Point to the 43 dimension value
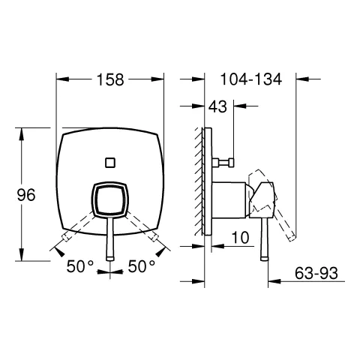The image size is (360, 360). click(x=218, y=108)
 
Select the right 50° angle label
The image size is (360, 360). click(x=141, y=265)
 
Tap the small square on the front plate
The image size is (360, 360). click(x=112, y=160)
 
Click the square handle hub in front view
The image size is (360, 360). click(x=111, y=200)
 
